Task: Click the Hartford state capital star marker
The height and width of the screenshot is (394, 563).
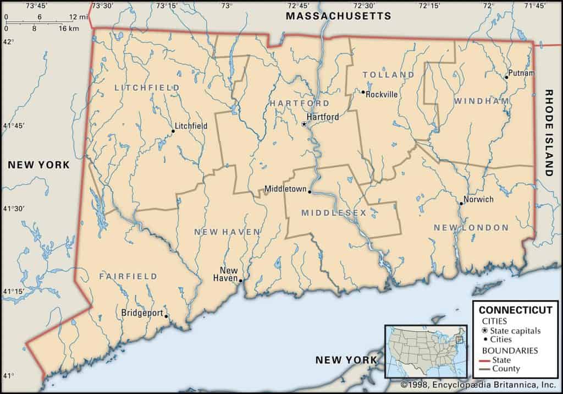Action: click(x=304, y=124)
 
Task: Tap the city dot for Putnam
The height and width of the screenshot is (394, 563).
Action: click(x=506, y=77)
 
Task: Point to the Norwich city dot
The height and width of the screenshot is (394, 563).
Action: click(x=461, y=204)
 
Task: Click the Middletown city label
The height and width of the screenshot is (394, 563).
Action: click(x=285, y=189)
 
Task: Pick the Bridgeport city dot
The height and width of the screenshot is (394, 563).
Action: click(x=167, y=316)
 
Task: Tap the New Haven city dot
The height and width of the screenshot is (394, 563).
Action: click(x=240, y=281)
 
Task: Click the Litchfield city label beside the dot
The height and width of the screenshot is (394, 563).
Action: click(x=191, y=126)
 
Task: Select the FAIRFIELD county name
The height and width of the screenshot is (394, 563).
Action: click(x=128, y=276)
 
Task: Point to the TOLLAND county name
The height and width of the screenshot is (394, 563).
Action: click(x=388, y=74)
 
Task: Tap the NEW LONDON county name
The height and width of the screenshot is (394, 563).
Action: click(x=471, y=227)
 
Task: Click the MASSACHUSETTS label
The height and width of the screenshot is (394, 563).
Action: click(x=338, y=16)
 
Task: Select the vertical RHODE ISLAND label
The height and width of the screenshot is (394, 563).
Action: click(x=548, y=133)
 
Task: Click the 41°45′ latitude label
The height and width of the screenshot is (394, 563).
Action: click(x=14, y=126)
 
